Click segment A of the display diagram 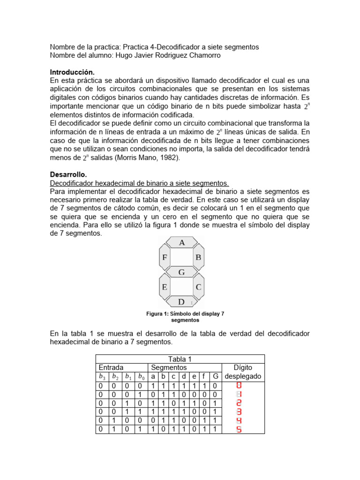[x=182, y=242]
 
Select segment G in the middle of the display [x=182, y=272]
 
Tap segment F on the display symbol [x=165, y=257]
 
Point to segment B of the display [x=198, y=257]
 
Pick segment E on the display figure [x=165, y=287]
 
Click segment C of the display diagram [x=198, y=287]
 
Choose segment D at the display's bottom [x=182, y=301]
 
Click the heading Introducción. [x=72, y=73]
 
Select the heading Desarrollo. [x=68, y=174]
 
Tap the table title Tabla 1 [x=180, y=359]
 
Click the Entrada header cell [x=111, y=368]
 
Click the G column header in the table [x=215, y=377]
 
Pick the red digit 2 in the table [x=239, y=403]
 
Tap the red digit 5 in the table [x=239, y=429]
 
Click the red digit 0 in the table [x=239, y=386]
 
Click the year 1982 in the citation [x=168, y=158]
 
